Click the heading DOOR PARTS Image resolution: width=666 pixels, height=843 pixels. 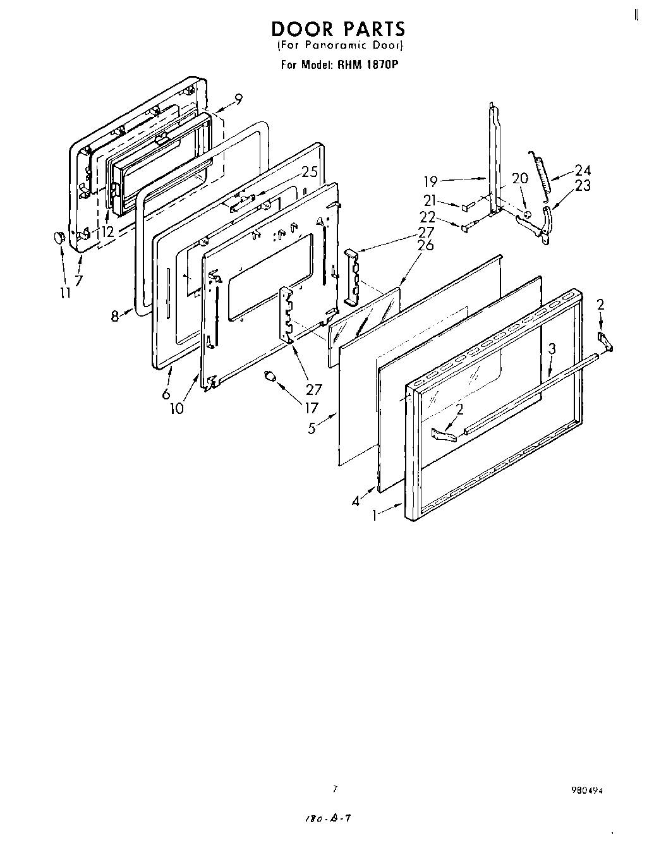338,29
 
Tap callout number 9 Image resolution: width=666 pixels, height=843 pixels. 238,99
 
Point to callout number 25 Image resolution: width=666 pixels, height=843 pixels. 308,171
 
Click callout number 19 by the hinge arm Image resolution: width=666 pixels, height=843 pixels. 430,182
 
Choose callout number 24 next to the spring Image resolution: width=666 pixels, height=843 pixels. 582,170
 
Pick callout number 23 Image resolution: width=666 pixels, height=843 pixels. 583,185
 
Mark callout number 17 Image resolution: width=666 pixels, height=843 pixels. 310,408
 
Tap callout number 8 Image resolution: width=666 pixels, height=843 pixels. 115,316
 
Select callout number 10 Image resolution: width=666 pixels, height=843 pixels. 176,408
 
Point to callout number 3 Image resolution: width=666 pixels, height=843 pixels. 552,348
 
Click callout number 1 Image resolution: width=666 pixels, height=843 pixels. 375,515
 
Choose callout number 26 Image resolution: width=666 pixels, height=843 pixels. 426,245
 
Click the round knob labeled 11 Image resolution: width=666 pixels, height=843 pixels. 58,236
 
